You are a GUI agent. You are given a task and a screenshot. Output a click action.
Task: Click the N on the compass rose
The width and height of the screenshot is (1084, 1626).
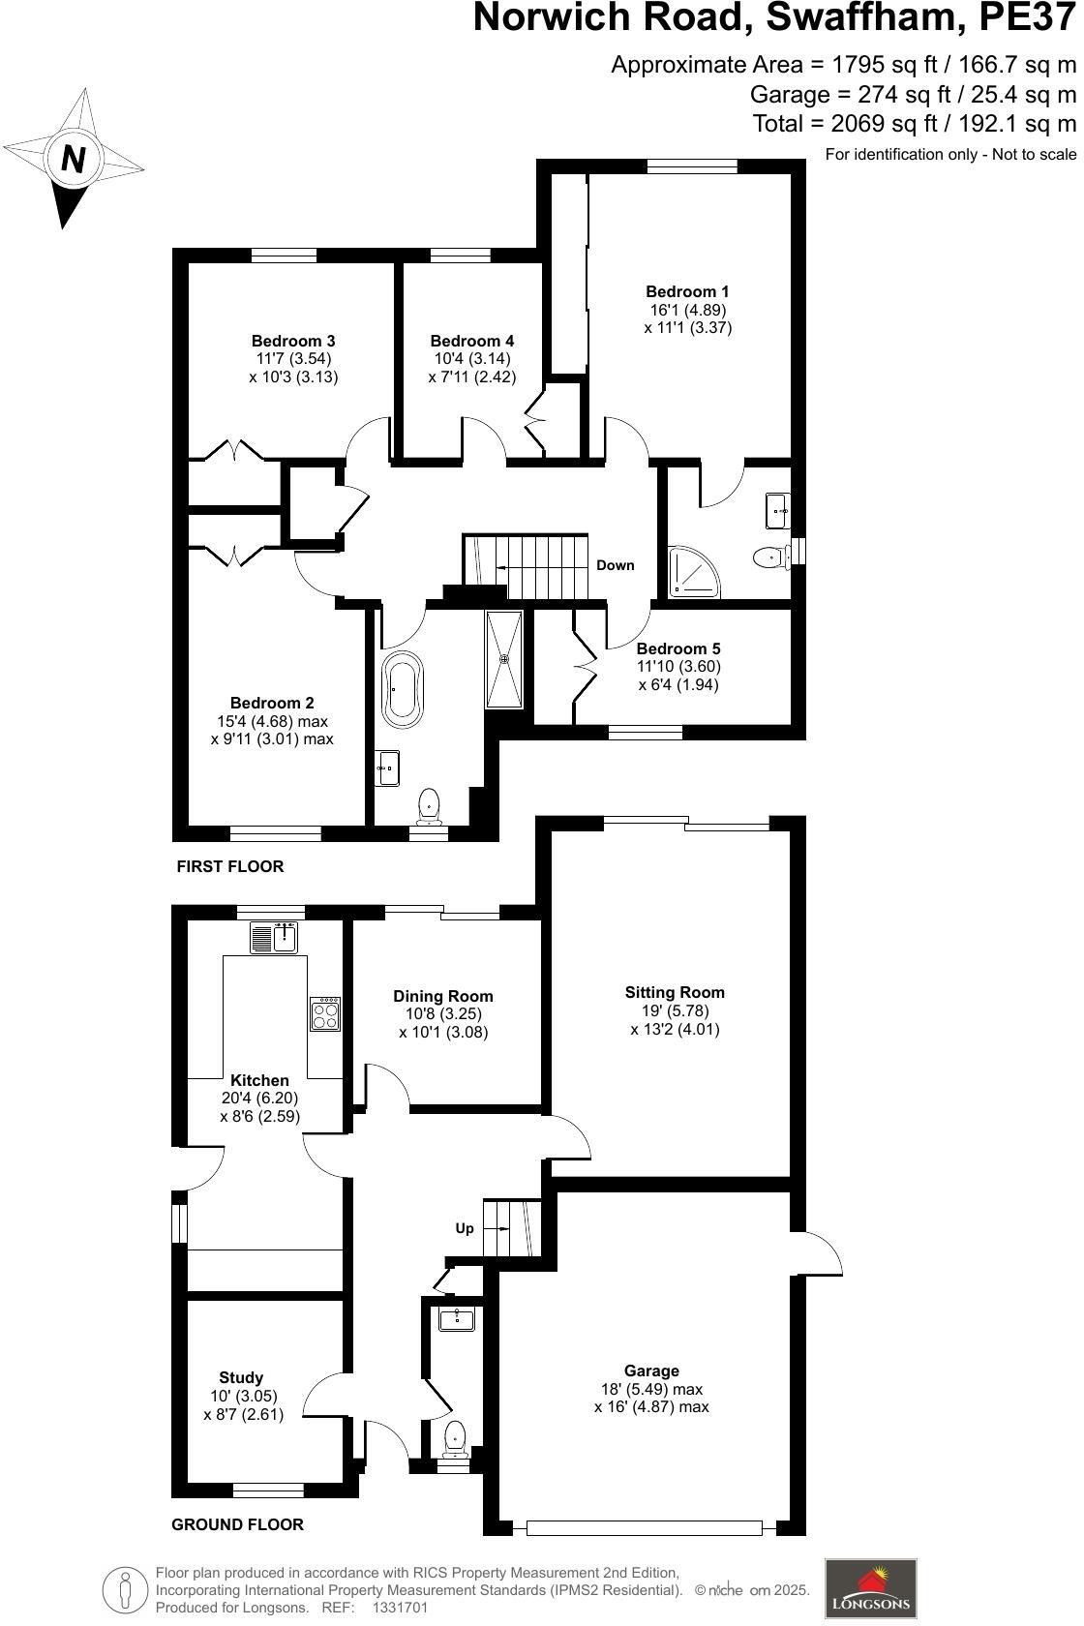click(x=74, y=158)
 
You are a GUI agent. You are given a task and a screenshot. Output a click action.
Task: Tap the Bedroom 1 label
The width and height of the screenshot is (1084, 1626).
click(x=687, y=291)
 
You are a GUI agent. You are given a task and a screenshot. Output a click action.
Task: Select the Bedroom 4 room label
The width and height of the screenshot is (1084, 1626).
click(x=472, y=341)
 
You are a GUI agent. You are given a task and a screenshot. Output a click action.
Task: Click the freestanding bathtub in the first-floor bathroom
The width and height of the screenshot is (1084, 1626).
click(x=403, y=690)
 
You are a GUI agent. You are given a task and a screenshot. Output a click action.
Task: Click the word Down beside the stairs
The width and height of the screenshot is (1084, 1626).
click(x=615, y=565)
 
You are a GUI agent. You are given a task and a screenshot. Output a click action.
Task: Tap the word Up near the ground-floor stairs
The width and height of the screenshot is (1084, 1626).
click(x=465, y=1228)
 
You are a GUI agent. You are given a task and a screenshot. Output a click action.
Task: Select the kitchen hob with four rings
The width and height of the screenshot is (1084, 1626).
click(x=324, y=1014)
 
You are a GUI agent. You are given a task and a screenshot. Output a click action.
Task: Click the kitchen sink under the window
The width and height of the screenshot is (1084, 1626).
click(x=275, y=938)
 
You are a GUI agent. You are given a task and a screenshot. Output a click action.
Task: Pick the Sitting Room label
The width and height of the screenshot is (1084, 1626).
click(x=675, y=992)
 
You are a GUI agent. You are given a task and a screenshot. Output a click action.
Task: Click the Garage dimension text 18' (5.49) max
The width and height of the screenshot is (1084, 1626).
click(x=651, y=1389)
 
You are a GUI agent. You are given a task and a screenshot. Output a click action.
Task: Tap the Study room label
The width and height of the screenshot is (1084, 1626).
click(x=241, y=1377)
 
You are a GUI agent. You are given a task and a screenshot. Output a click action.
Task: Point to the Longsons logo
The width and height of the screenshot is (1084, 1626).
click(x=870, y=1588)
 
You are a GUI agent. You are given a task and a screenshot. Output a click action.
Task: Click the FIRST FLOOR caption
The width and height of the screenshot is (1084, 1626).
click(x=230, y=866)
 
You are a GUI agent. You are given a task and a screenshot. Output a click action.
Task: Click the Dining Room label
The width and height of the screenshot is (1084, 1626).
click(x=443, y=996)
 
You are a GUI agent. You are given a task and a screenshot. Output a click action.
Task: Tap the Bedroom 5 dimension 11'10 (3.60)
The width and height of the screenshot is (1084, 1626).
click(x=678, y=667)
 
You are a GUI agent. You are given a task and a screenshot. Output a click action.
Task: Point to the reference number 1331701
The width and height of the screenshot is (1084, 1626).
click(x=400, y=1608)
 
